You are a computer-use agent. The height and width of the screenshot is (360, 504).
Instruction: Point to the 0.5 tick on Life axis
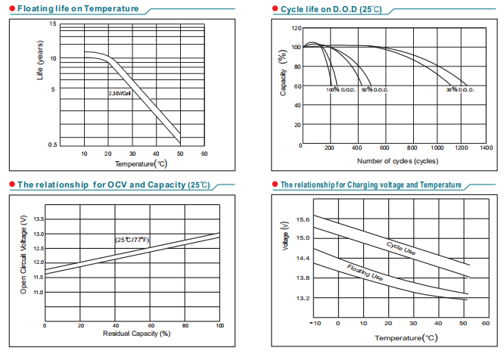(52, 144)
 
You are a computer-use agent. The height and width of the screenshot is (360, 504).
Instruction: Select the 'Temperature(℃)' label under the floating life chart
(140, 164)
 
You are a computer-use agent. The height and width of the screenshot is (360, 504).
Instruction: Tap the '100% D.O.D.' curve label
(341, 90)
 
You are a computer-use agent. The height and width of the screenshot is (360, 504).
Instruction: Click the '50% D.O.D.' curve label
(375, 90)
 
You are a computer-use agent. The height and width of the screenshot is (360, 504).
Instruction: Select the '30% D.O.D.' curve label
(459, 90)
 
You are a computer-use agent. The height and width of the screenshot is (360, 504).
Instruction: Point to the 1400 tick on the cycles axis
(486, 148)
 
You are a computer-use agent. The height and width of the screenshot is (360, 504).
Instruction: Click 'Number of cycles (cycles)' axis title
(397, 161)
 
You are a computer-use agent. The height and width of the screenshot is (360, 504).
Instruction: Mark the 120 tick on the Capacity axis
(296, 28)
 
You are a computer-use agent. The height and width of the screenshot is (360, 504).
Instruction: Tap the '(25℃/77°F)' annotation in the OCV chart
(133, 240)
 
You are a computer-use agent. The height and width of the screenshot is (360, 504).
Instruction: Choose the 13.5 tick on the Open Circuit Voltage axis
(39, 219)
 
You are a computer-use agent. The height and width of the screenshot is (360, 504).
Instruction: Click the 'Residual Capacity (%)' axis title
(132, 333)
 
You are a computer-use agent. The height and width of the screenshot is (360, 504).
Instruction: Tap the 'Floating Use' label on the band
(365, 273)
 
